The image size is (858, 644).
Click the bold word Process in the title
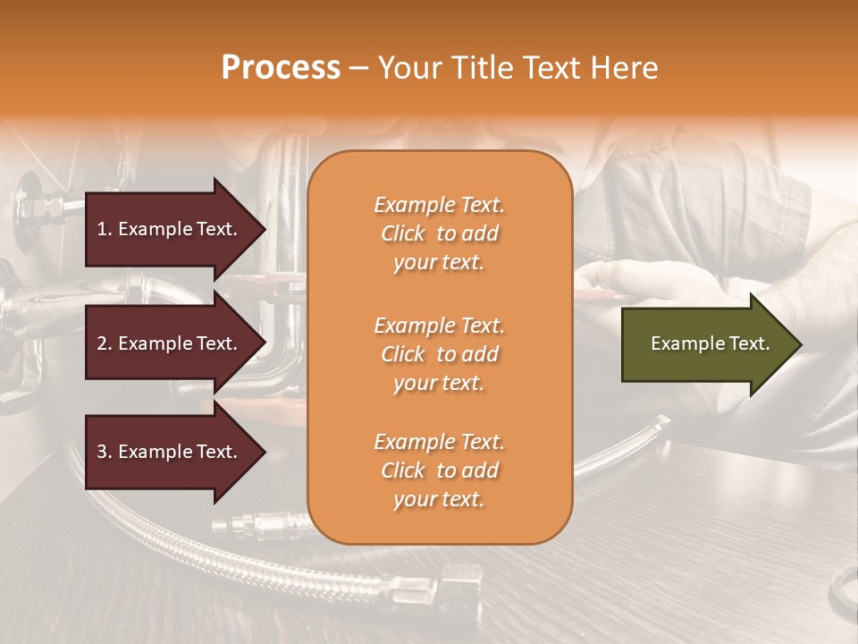(281, 68)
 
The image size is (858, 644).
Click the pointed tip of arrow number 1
(263, 229)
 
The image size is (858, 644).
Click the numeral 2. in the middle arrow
(105, 343)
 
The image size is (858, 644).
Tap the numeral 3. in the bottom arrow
(105, 452)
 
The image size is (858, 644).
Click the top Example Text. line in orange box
(439, 205)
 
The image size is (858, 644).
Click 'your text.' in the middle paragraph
(439, 383)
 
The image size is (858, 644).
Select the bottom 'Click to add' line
(439, 470)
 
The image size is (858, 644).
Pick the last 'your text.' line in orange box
(439, 499)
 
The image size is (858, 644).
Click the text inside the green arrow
(710, 343)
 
